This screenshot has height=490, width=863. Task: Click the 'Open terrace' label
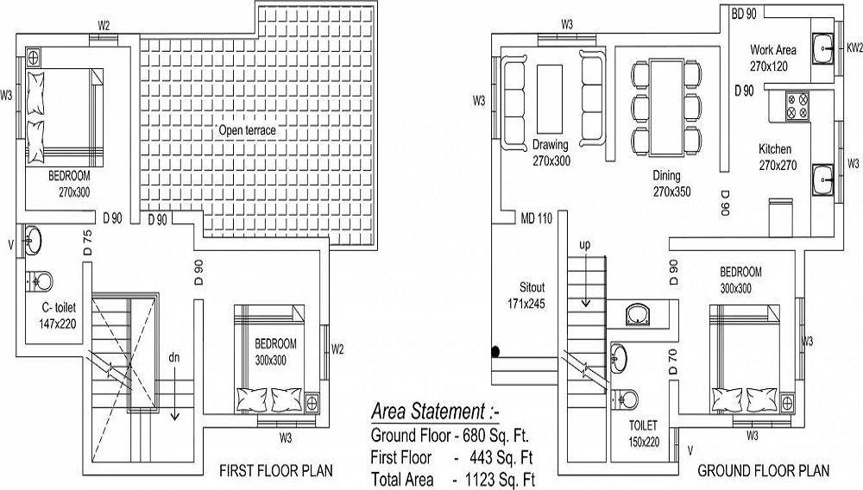click(x=247, y=130)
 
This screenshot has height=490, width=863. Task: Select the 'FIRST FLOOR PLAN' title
click(x=275, y=471)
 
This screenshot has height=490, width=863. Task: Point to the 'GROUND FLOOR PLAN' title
click(x=763, y=471)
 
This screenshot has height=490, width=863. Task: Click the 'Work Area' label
click(x=772, y=50)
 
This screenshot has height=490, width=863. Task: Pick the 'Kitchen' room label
click(x=774, y=149)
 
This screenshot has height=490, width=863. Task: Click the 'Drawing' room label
click(x=550, y=145)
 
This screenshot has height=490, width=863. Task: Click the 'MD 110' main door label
click(x=535, y=218)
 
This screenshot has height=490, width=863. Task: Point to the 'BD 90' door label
click(x=743, y=15)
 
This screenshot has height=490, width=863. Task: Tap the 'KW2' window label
click(x=854, y=49)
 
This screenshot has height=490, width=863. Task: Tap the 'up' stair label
click(x=584, y=245)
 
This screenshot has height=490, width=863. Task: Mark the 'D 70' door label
click(x=673, y=361)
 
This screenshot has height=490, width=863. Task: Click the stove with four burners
click(x=797, y=105)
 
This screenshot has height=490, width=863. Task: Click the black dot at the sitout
click(x=495, y=351)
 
